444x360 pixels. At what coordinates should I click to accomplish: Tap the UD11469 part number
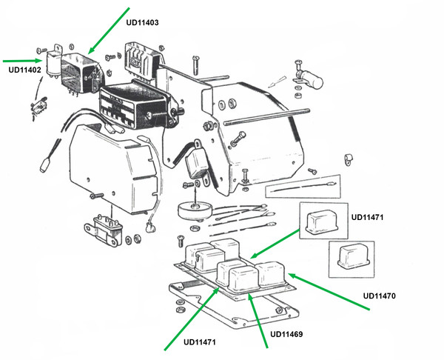click(x=287, y=334)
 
